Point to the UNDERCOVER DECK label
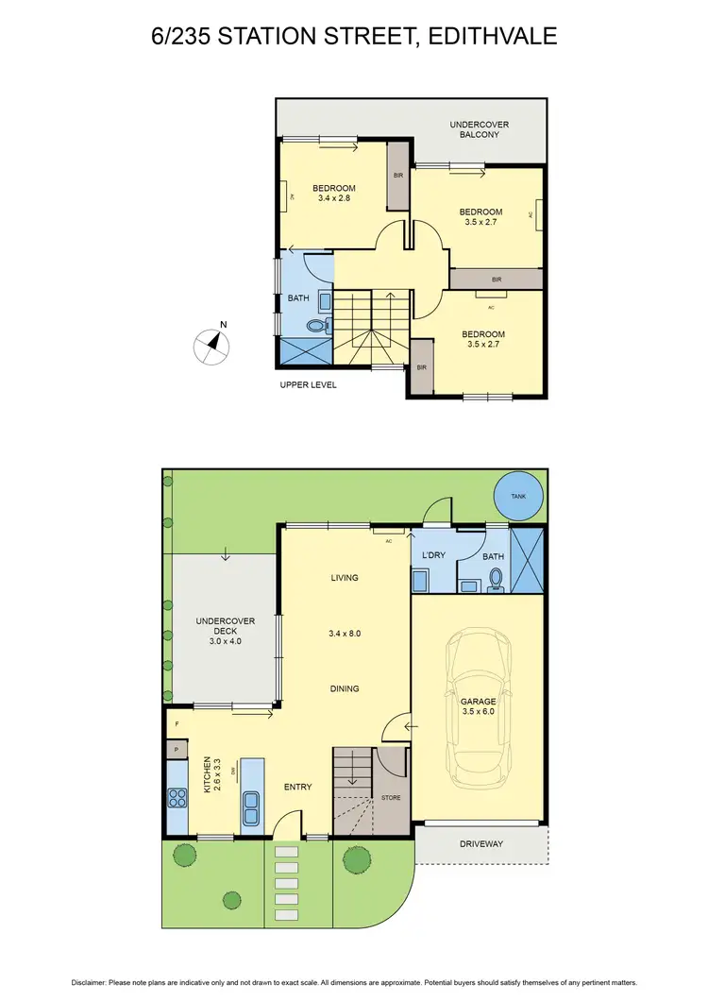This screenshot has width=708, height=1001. [x=218, y=631]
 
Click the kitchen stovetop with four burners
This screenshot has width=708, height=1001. [x=177, y=799]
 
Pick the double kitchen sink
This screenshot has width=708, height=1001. [x=251, y=807]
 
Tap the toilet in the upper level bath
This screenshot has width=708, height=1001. [x=318, y=327]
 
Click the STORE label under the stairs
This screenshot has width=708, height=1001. [x=391, y=798]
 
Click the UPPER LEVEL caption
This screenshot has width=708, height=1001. [x=308, y=385]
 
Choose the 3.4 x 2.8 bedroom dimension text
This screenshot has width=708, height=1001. [x=335, y=198]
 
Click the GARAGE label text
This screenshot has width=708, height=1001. [x=478, y=702]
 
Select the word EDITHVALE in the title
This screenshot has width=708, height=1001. [x=492, y=36]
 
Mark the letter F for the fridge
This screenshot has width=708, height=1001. [x=177, y=725]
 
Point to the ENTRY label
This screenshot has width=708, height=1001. [x=297, y=787]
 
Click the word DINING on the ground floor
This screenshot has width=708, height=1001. [x=345, y=688]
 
